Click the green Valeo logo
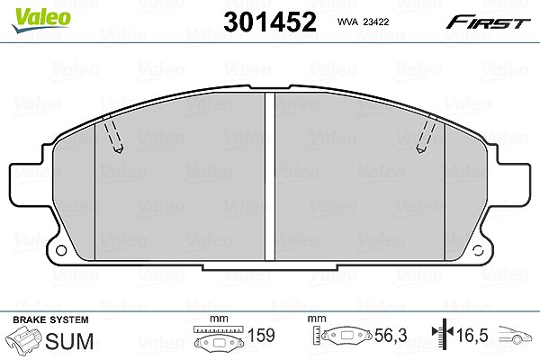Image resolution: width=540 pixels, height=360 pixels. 41,20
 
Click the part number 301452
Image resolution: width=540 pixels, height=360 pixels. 270,22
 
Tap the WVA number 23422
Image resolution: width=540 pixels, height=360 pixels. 376,22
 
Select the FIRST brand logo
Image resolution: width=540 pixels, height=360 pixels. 488,22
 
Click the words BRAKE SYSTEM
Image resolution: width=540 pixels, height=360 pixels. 50,319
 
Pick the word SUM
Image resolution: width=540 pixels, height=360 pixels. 69,341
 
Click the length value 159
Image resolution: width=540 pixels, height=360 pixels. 261,335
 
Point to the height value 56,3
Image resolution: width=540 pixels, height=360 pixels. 391,335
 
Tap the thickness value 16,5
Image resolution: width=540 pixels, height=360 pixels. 472,335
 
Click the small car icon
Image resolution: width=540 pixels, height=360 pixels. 515,335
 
